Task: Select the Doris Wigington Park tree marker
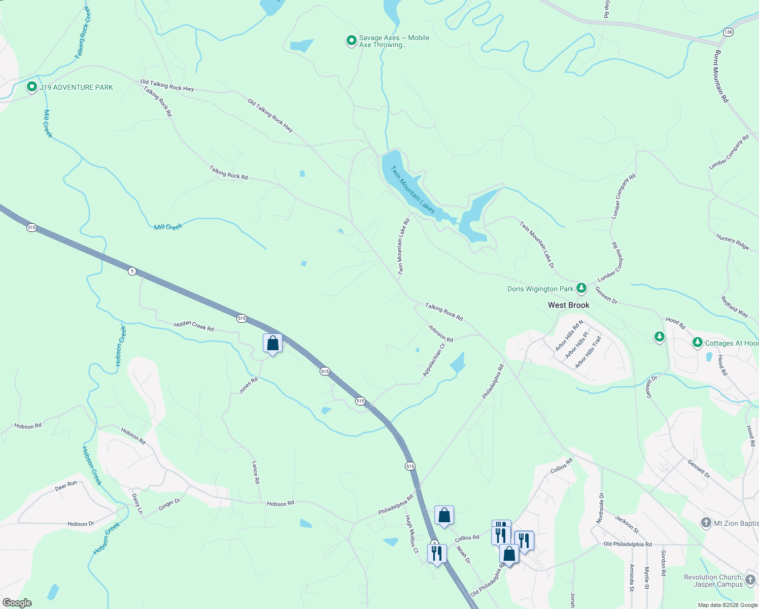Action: point(581,288)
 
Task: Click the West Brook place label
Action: point(568,305)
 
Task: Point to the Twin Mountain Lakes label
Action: point(412,189)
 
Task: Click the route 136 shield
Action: point(729,32)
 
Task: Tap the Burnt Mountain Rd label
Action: point(721,76)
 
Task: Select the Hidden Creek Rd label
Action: point(194,326)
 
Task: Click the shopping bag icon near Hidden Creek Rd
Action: point(272,344)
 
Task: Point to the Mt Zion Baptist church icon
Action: point(706,523)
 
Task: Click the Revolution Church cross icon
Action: point(750,578)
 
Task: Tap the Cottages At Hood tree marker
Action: point(698,343)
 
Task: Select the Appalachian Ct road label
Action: point(434,360)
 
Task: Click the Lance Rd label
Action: point(256,472)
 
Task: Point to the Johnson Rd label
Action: point(440,333)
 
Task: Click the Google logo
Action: point(17,603)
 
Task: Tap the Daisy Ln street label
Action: point(137,503)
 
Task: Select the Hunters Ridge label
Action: point(732,242)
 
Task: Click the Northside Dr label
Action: point(600,508)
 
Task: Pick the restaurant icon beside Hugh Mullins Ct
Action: point(436,553)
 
